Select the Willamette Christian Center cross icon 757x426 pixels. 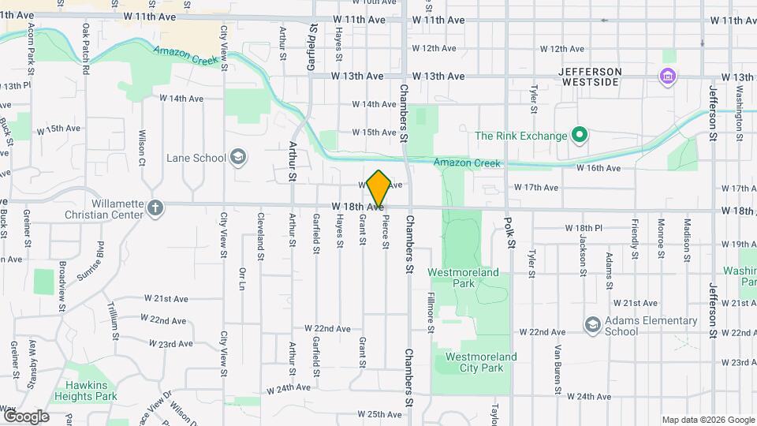(x=156, y=208)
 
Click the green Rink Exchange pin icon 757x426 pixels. (x=580, y=136)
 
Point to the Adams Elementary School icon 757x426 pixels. (x=592, y=325)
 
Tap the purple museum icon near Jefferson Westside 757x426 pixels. (x=668, y=77)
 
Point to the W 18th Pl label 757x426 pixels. (x=584, y=228)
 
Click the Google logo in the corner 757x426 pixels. (x=26, y=417)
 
